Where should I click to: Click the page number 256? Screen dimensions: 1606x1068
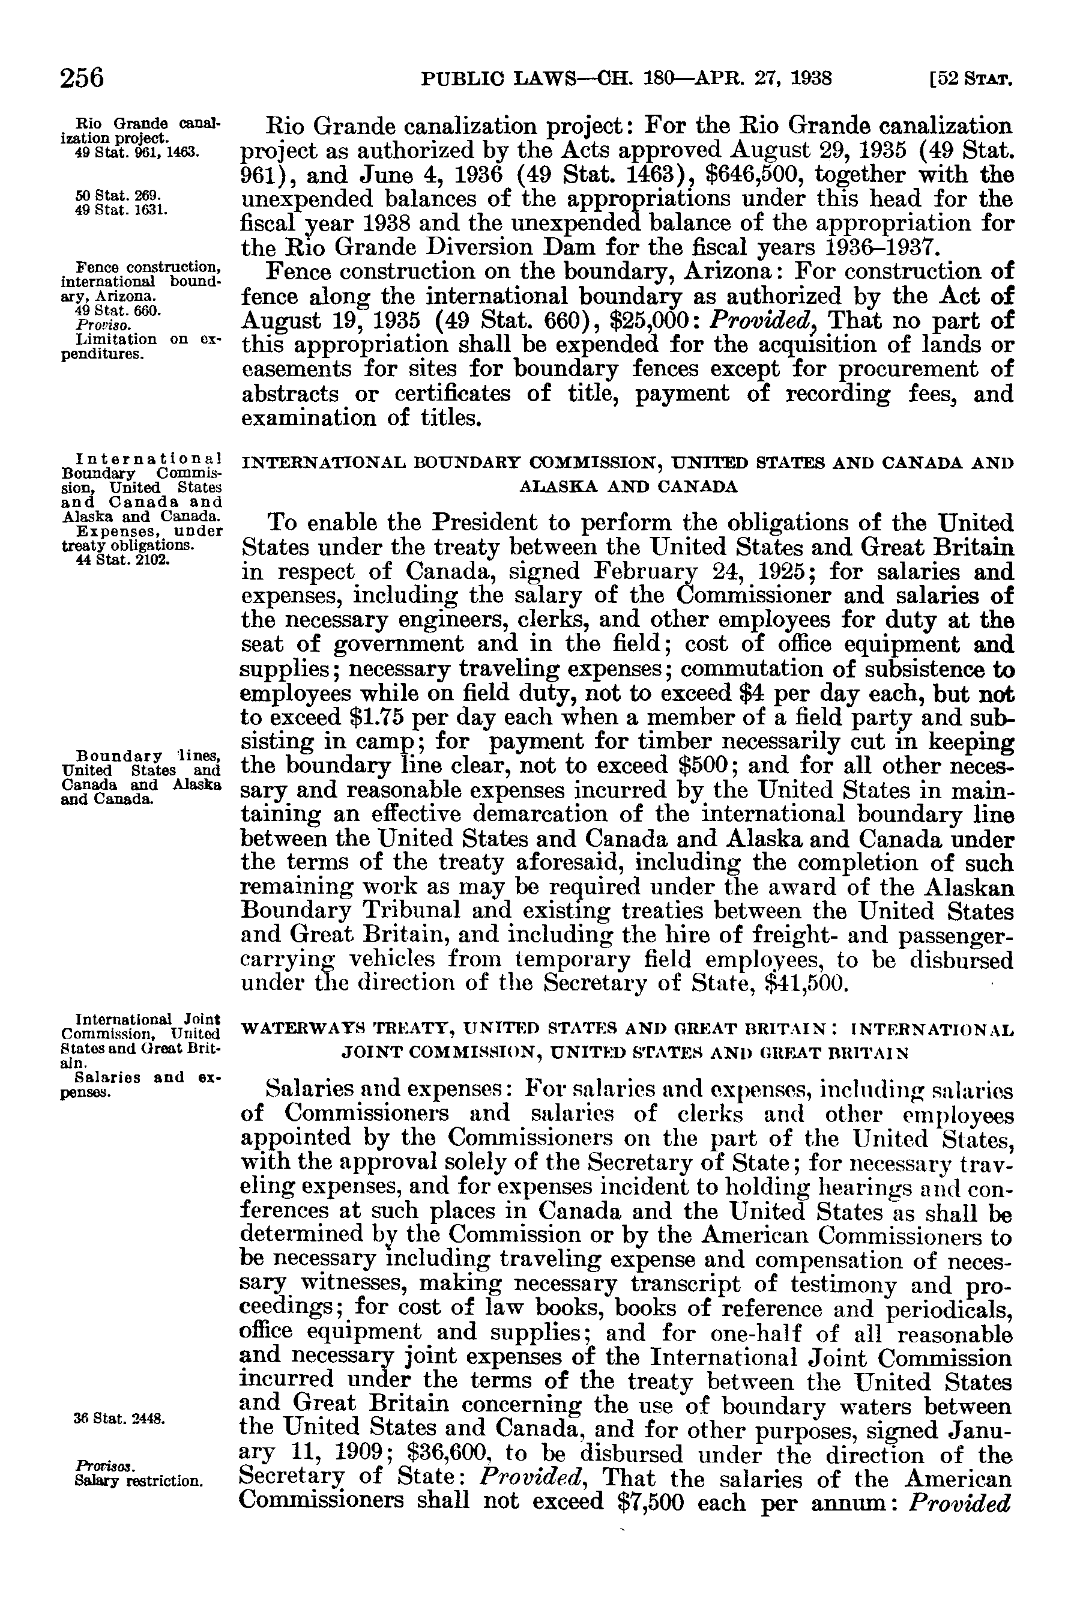[82, 77]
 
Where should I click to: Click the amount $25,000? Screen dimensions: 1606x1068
[654, 321]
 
